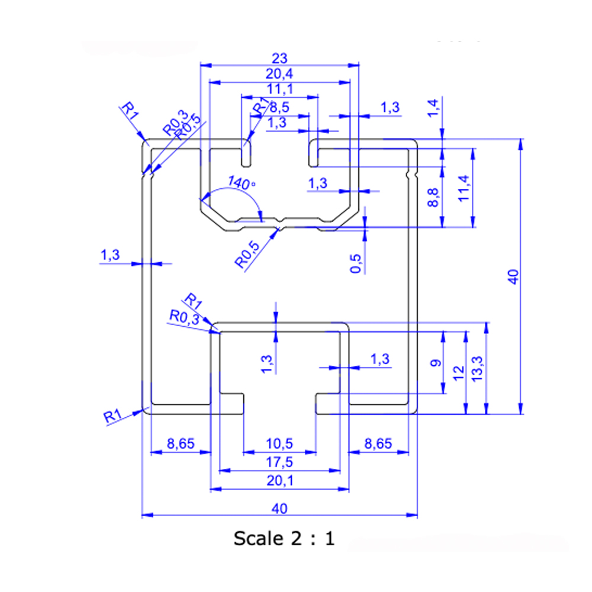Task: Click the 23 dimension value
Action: (279, 58)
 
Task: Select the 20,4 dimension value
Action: (279, 74)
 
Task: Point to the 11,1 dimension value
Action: (279, 89)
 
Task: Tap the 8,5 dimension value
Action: (279, 108)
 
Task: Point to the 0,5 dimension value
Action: (356, 263)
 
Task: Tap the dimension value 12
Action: (458, 372)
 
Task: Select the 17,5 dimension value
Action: (279, 462)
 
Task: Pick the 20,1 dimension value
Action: (279, 481)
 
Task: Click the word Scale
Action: (258, 539)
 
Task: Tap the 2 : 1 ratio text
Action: (313, 539)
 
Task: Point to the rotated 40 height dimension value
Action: (513, 276)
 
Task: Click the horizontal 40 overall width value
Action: (279, 507)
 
